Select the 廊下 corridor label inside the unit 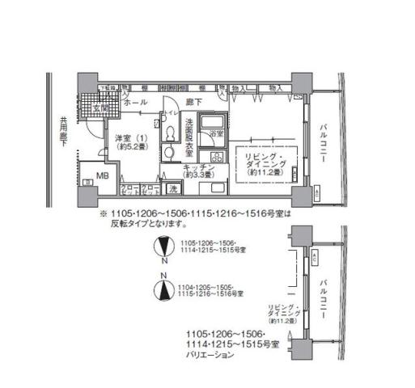pyautogui.click(x=191, y=103)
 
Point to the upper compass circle pyautogui.click(x=163, y=246)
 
